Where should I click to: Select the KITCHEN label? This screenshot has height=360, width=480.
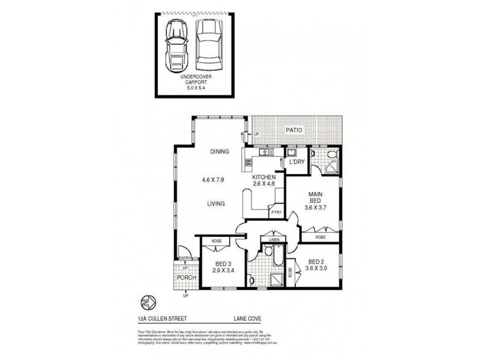(264, 178)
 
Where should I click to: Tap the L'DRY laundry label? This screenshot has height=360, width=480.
(296, 163)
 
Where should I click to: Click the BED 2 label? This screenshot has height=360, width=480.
(316, 262)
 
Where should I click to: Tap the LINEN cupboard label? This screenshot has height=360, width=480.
(274, 240)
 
